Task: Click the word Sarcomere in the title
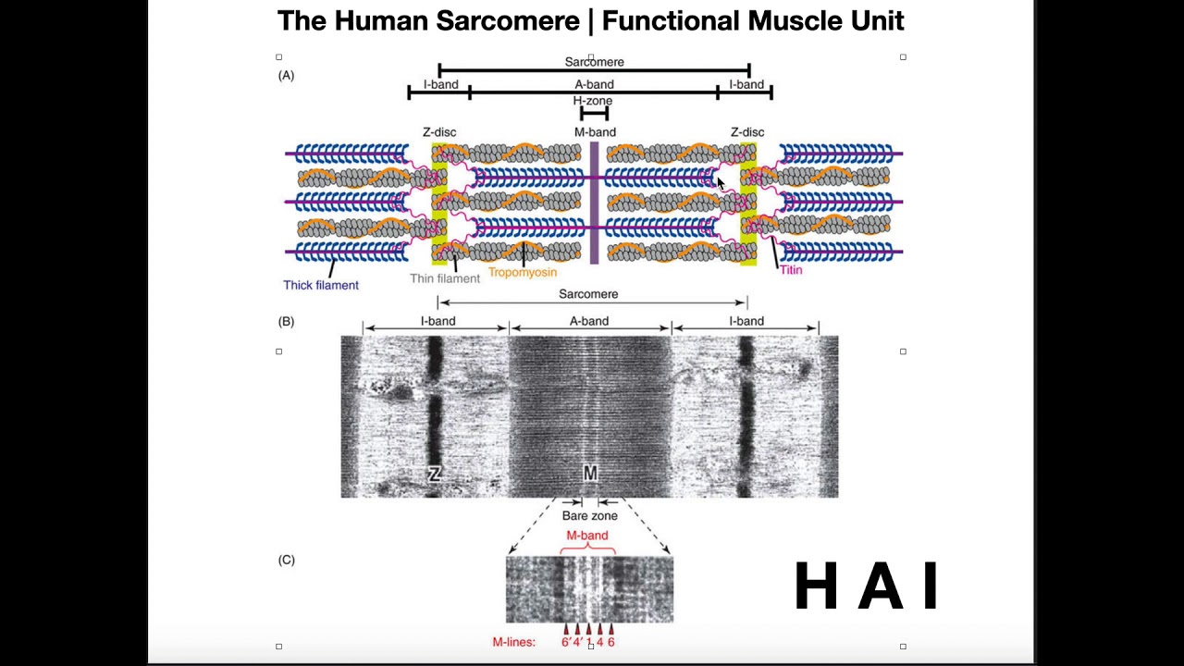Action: tap(508, 21)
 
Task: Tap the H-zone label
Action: tap(593, 101)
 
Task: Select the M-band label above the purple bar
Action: tap(595, 132)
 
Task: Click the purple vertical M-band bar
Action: tap(594, 203)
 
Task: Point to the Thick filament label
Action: tap(321, 286)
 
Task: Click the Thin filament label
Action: tap(445, 278)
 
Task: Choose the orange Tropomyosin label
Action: tap(523, 272)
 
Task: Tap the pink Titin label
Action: tap(791, 270)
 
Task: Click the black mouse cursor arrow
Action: tap(721, 183)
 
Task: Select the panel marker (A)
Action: tap(286, 76)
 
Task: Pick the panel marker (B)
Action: tap(286, 322)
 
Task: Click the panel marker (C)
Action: tap(286, 560)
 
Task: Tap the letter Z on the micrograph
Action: tap(435, 475)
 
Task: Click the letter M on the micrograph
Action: tap(590, 473)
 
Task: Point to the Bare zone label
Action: tap(590, 516)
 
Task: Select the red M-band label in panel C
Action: tap(587, 536)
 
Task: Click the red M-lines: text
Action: tap(513, 642)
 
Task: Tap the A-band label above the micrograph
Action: tap(589, 321)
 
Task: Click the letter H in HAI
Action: tap(816, 586)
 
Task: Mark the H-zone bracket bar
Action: tap(594, 113)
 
